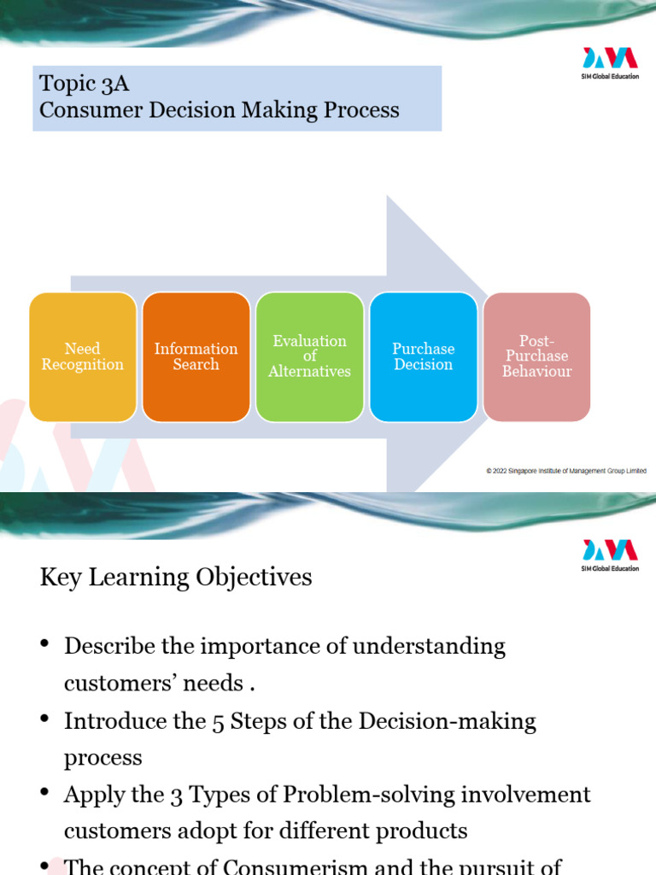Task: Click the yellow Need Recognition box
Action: (x=83, y=356)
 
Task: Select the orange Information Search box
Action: (x=196, y=356)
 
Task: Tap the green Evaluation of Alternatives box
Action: (x=309, y=356)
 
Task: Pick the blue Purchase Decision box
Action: (x=423, y=356)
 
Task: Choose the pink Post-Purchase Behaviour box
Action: (x=536, y=356)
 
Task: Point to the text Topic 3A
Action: (x=84, y=84)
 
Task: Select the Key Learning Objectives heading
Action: (x=176, y=578)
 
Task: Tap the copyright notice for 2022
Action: (x=566, y=471)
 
